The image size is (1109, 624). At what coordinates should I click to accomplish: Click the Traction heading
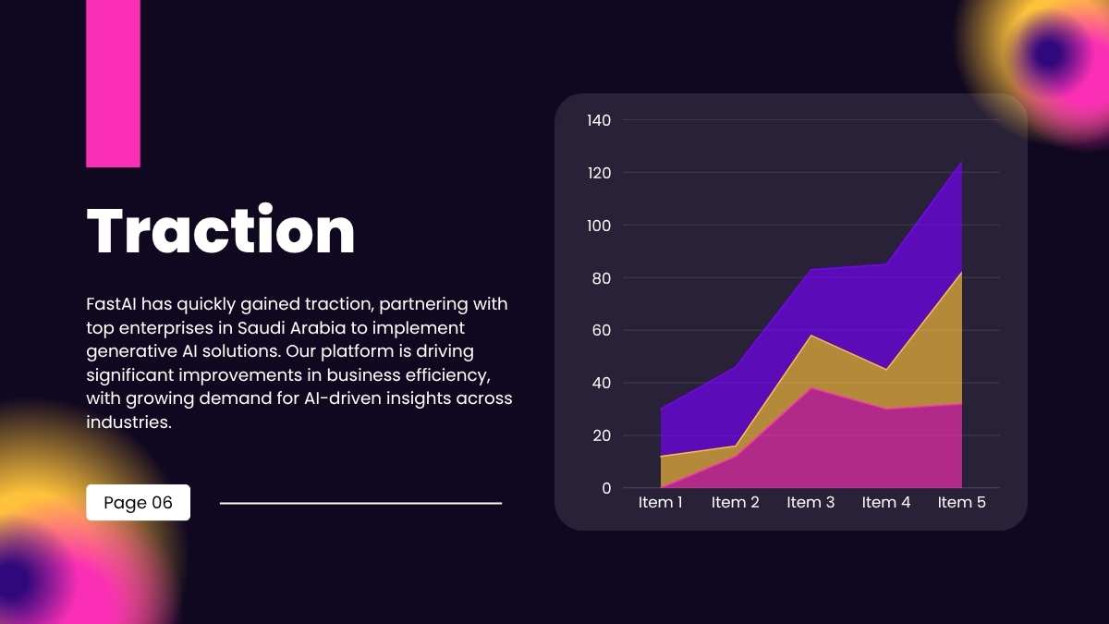[x=220, y=231]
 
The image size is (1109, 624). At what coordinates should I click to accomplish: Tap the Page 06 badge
[x=138, y=503]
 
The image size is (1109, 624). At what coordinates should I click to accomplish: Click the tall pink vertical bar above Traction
[x=113, y=83]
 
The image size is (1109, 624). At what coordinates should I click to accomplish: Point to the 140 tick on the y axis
[x=599, y=120]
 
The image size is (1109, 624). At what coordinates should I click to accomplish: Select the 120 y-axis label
[x=599, y=173]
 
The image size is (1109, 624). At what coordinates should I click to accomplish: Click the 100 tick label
[x=599, y=226]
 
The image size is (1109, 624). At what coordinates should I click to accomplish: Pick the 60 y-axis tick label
[x=601, y=330]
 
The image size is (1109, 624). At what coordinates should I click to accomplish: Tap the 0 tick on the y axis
[x=606, y=488]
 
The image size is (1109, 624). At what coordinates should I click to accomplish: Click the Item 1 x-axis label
[x=661, y=503]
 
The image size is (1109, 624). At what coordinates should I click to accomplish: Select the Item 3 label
[x=810, y=503]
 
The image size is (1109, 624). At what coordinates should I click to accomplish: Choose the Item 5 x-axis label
[x=961, y=503]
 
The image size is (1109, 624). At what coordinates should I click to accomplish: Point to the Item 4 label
[x=886, y=503]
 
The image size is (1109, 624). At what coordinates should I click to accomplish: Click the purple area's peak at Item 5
[x=961, y=164]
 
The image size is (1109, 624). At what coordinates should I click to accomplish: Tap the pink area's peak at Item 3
[x=811, y=388]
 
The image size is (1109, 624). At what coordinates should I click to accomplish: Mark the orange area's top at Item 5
[x=961, y=274]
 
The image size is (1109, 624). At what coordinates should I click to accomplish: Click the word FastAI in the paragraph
[x=112, y=304]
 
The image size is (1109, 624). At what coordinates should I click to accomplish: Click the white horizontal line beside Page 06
[x=360, y=504]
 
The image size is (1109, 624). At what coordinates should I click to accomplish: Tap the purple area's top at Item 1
[x=662, y=410]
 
